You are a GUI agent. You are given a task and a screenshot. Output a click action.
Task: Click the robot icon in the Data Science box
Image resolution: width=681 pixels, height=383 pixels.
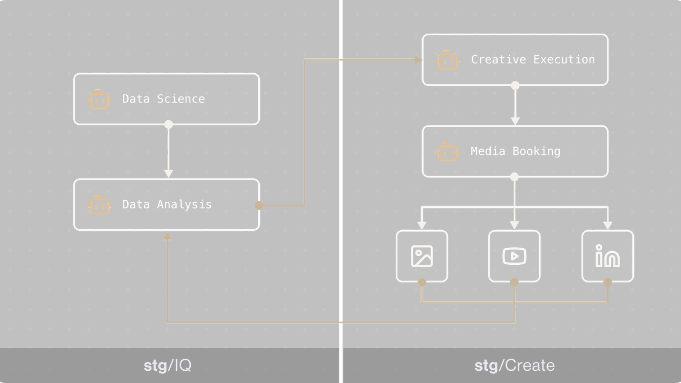tap(99, 100)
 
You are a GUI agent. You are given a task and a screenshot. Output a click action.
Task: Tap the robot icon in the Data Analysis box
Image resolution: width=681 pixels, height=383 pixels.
tap(99, 205)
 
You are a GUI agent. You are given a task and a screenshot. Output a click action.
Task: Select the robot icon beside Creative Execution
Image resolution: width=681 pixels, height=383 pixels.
tap(448, 60)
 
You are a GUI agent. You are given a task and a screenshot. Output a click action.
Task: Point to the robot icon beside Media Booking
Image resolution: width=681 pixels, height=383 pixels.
tap(448, 152)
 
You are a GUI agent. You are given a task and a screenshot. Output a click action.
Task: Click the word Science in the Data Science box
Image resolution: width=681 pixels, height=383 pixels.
tap(181, 99)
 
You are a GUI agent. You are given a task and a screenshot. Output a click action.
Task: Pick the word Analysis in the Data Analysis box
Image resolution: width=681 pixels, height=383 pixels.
tap(184, 205)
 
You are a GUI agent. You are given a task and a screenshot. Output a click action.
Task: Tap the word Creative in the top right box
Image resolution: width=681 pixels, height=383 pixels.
tap(498, 60)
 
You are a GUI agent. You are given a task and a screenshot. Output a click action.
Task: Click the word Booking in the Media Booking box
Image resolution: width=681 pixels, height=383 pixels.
tap(536, 151)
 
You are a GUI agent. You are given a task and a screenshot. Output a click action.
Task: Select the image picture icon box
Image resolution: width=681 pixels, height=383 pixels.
tap(422, 256)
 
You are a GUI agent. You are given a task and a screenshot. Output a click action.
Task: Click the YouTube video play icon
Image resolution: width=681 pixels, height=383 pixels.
tap(514, 256)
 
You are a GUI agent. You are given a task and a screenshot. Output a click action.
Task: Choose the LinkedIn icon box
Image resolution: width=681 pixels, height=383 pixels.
tap(607, 256)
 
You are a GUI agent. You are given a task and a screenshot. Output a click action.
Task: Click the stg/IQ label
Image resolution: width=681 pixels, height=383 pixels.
tap(168, 366)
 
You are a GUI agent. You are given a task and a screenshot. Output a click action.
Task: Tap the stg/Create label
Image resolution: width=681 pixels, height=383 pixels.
tap(515, 366)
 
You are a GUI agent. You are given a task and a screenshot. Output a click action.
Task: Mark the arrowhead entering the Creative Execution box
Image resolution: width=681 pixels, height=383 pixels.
tap(418, 60)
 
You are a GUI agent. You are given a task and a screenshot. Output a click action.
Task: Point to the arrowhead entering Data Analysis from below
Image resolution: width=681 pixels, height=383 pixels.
tap(168, 236)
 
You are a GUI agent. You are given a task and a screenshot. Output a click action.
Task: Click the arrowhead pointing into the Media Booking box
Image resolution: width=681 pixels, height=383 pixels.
tap(515, 121)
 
